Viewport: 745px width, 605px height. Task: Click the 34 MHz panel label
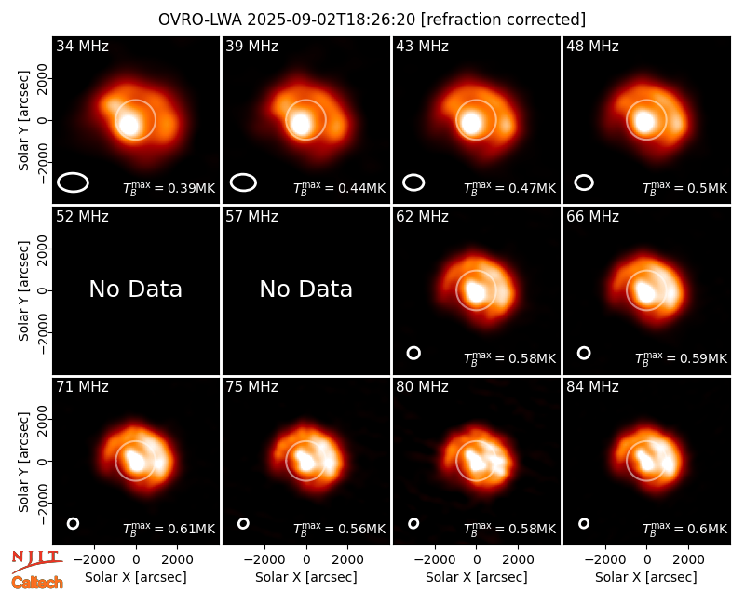tap(82, 46)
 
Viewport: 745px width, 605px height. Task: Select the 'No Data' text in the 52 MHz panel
tap(135, 289)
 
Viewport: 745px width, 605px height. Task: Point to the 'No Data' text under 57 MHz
tap(306, 289)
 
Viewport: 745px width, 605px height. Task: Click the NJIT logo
tap(37, 560)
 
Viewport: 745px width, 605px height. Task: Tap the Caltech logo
tap(37, 583)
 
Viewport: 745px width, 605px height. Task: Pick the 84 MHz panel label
tap(592, 386)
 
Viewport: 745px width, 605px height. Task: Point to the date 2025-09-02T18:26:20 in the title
tap(332, 20)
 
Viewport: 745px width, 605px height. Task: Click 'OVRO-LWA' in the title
tap(200, 20)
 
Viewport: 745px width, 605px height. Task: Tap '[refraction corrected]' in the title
tap(503, 20)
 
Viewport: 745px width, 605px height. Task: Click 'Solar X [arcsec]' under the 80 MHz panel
tap(476, 577)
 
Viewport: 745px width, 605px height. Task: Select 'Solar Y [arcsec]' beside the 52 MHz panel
tap(23, 290)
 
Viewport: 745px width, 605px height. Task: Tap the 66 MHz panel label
tap(592, 217)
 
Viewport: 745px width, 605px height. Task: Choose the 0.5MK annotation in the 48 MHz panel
tap(684, 188)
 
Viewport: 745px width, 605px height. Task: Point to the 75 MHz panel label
tap(251, 386)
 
